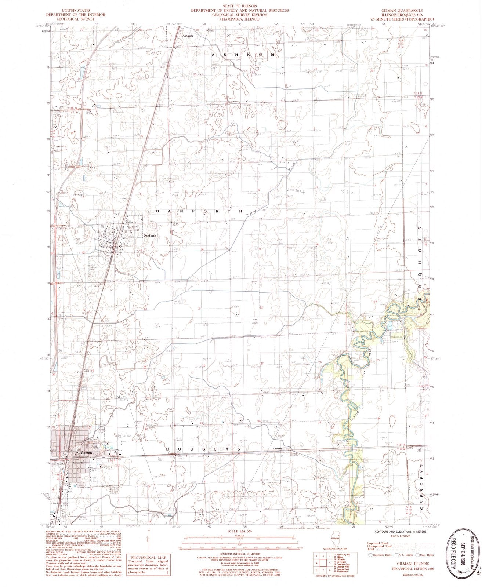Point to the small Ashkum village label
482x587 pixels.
(188, 36)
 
